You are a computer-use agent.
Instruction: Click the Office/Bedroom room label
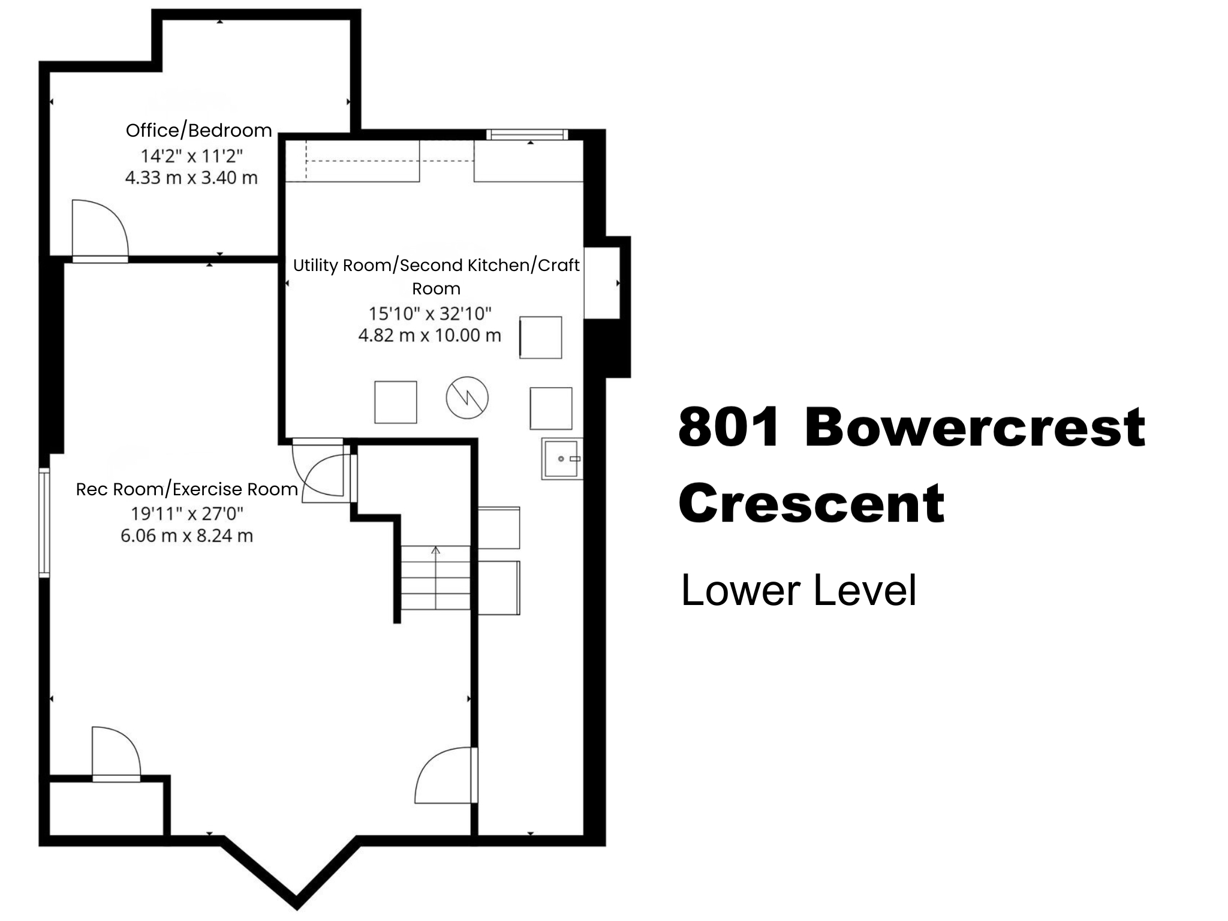coord(198,130)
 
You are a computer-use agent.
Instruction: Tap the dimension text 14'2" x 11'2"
coord(191,156)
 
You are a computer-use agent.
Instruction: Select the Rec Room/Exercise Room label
coord(186,489)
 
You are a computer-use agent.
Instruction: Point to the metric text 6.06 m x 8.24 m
coord(186,535)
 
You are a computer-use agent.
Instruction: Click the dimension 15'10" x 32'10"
coord(429,313)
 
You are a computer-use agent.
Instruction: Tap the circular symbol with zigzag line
coord(467,398)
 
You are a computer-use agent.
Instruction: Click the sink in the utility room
coord(562,459)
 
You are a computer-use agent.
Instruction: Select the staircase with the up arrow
coord(435,577)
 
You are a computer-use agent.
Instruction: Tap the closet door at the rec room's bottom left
coord(116,753)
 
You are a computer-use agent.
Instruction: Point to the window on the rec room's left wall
coord(44,522)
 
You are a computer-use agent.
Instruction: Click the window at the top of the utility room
coord(526,134)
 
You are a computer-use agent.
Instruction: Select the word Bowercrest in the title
coord(974,428)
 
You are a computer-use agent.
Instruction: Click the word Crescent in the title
coord(811,504)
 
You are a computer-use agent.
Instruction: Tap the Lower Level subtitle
coord(798,591)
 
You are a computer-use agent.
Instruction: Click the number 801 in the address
coord(730,428)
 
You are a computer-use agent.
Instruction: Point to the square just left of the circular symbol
coord(395,402)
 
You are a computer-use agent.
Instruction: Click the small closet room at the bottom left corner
coord(107,807)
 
